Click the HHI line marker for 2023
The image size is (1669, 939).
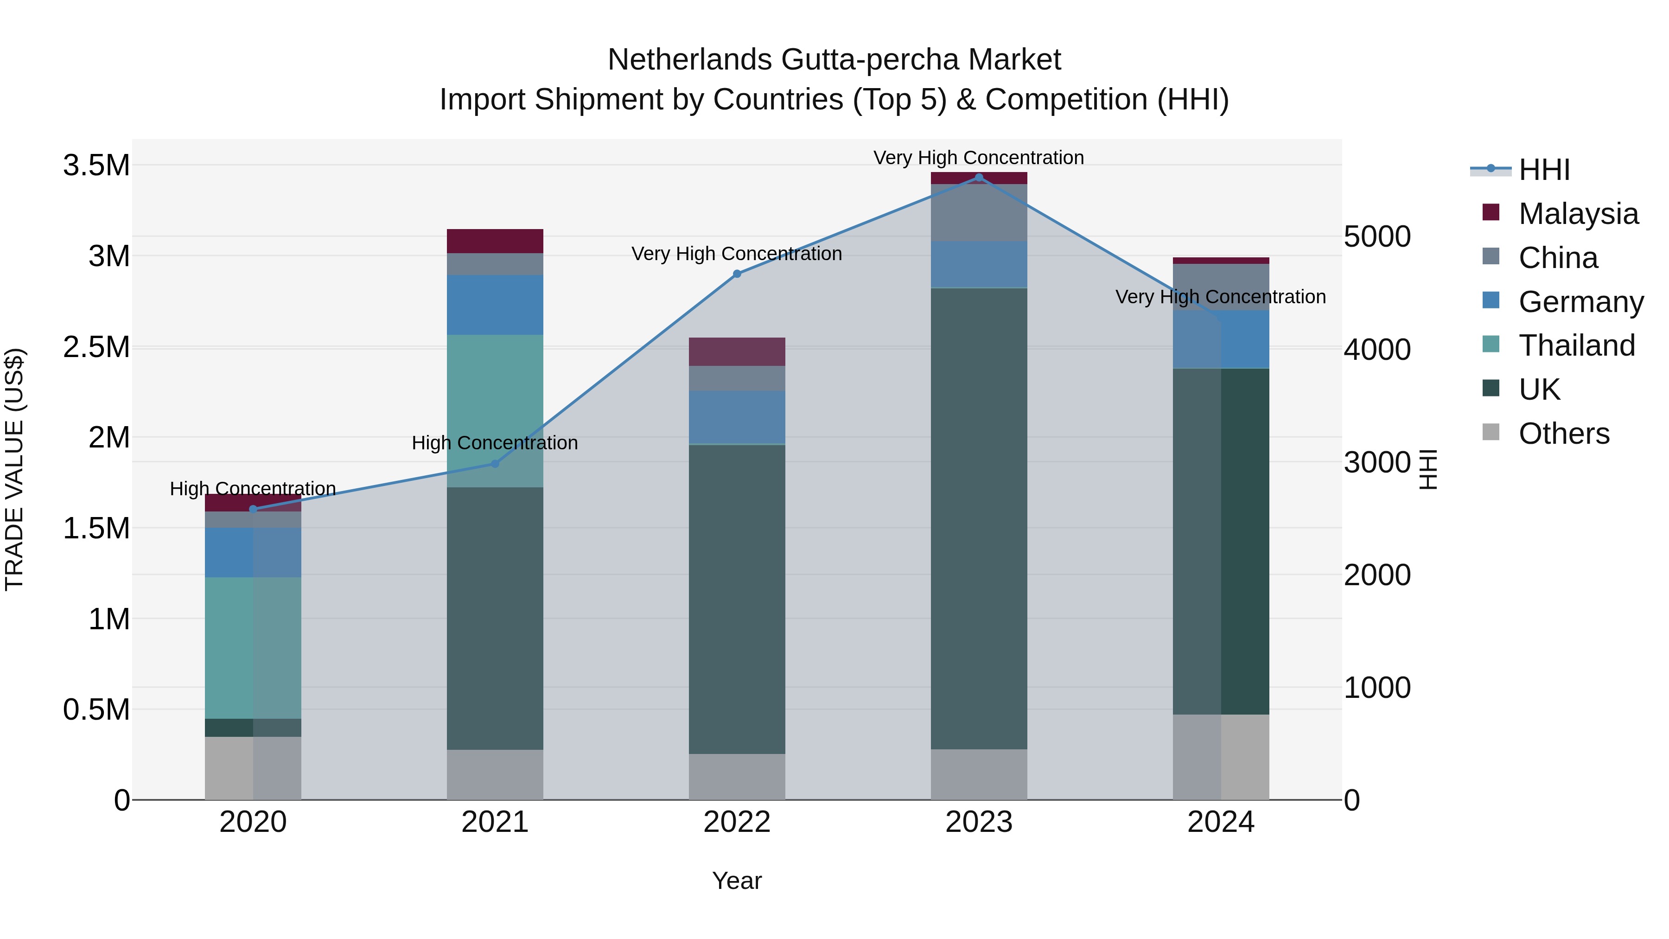(x=978, y=178)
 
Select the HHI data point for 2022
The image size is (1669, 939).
(x=737, y=274)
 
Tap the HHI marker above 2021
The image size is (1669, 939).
(x=495, y=464)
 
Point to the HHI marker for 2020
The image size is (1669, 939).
(x=253, y=509)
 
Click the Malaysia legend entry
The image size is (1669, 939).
(x=1578, y=214)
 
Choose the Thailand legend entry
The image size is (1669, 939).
(x=1576, y=345)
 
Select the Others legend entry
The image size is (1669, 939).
(x=1563, y=434)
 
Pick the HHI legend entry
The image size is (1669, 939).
(x=1543, y=170)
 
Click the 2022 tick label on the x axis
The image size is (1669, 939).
(x=737, y=822)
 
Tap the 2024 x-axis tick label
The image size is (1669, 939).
(x=1221, y=822)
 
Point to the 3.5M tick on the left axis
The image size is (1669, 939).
(x=96, y=165)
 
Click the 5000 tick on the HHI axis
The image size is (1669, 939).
(x=1377, y=236)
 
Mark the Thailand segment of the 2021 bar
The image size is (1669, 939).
(x=495, y=410)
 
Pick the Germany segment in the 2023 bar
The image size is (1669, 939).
(x=978, y=264)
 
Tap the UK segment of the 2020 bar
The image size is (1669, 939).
(x=253, y=728)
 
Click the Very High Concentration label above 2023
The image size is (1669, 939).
(x=978, y=158)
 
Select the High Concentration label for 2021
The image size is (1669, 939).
(x=495, y=443)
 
